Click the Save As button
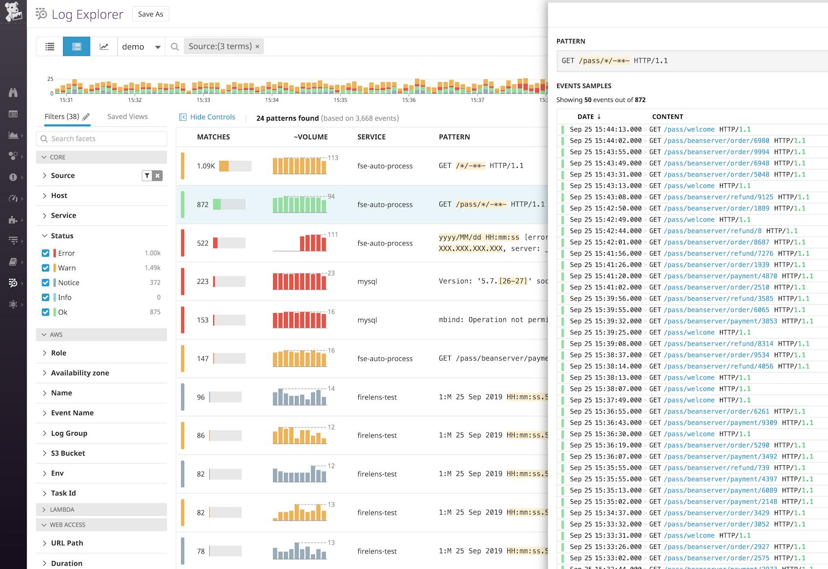click(151, 14)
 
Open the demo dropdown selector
click(141, 46)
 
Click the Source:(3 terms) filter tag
click(220, 46)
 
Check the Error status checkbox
click(45, 253)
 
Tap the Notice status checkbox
click(45, 283)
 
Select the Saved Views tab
click(127, 116)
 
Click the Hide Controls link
click(212, 117)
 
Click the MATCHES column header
click(213, 137)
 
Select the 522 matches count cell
click(203, 243)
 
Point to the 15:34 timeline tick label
click(272, 100)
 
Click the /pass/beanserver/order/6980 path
click(716, 141)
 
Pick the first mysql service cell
click(367, 282)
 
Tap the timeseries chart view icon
click(104, 46)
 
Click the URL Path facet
click(67, 543)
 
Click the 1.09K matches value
click(206, 166)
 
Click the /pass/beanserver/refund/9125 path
click(718, 197)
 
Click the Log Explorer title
click(87, 14)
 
